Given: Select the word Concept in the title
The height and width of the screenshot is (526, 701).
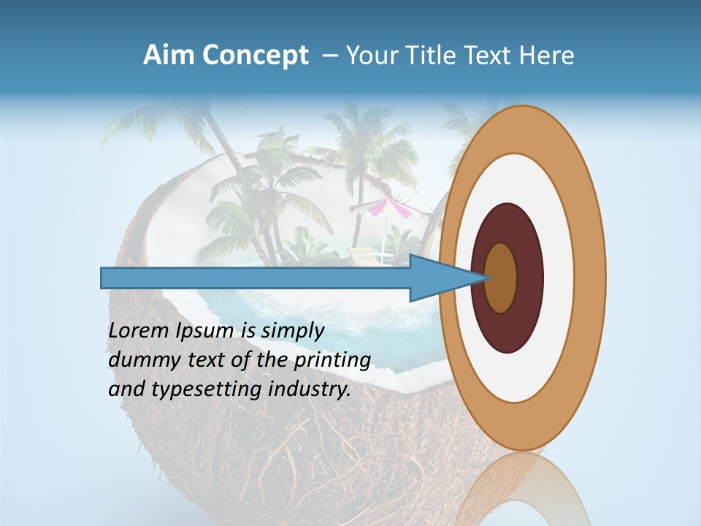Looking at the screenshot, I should (x=254, y=56).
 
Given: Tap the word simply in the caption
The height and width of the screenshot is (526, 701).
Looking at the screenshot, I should (x=292, y=331).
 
